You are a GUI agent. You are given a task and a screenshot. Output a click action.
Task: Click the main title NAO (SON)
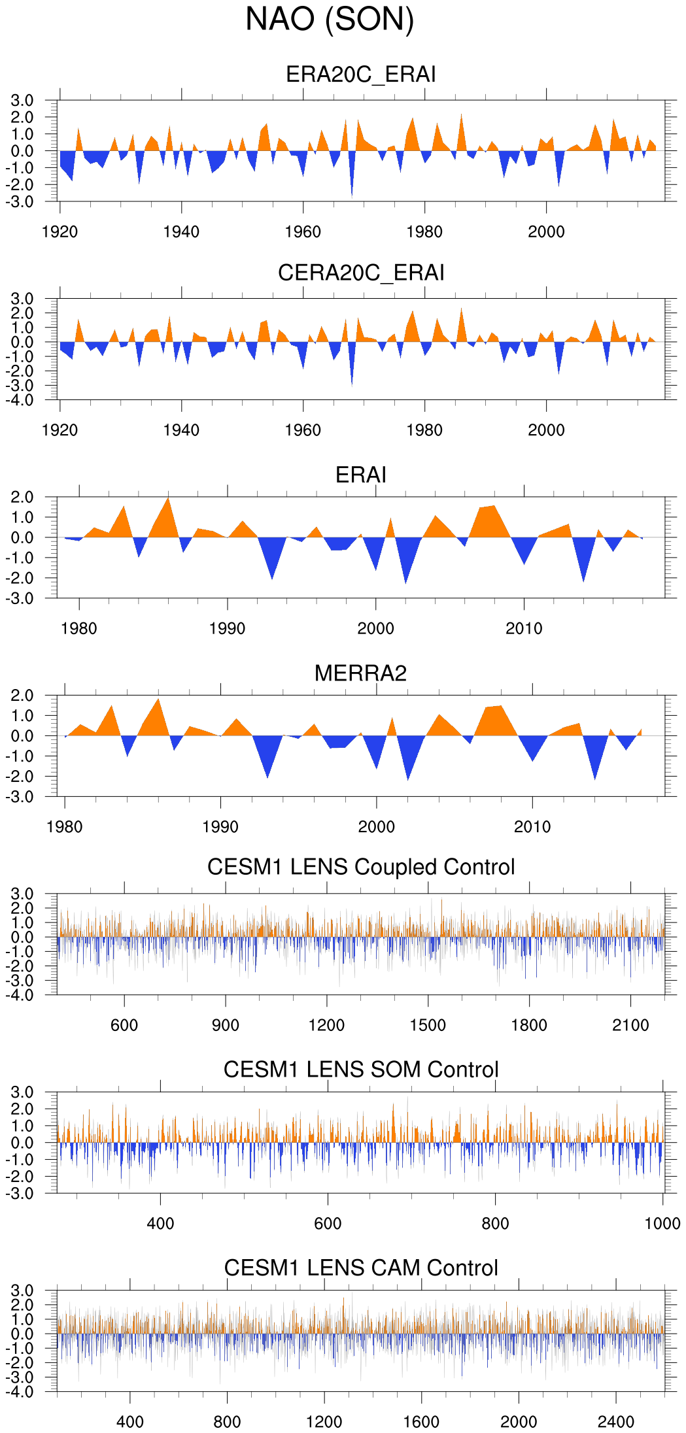point(330,20)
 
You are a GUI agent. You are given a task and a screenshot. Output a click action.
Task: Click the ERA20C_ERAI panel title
point(361,75)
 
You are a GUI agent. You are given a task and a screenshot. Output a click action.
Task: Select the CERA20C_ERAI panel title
point(361,273)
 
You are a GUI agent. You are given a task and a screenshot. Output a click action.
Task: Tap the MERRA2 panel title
point(360,673)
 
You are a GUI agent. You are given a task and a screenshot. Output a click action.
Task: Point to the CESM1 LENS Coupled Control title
point(361,867)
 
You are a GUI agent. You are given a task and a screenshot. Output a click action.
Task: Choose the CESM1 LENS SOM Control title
point(361,1070)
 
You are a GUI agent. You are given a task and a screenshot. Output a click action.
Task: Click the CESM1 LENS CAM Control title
point(361,1268)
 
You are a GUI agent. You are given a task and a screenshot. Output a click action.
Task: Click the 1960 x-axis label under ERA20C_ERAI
point(303,232)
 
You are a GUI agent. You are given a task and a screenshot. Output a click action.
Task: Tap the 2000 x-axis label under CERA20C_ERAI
point(546,430)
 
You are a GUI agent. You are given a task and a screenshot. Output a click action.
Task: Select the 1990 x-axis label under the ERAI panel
point(228,629)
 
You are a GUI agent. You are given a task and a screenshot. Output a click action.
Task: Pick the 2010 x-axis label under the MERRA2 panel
point(532,827)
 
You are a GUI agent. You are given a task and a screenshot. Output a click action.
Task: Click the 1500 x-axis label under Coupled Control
point(428,1025)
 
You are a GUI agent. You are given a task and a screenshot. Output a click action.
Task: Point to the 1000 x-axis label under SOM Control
point(662,1224)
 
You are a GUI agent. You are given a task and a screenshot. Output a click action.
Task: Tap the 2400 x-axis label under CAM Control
point(616,1422)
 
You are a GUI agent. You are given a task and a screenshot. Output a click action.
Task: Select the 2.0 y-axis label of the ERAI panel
point(22,497)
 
